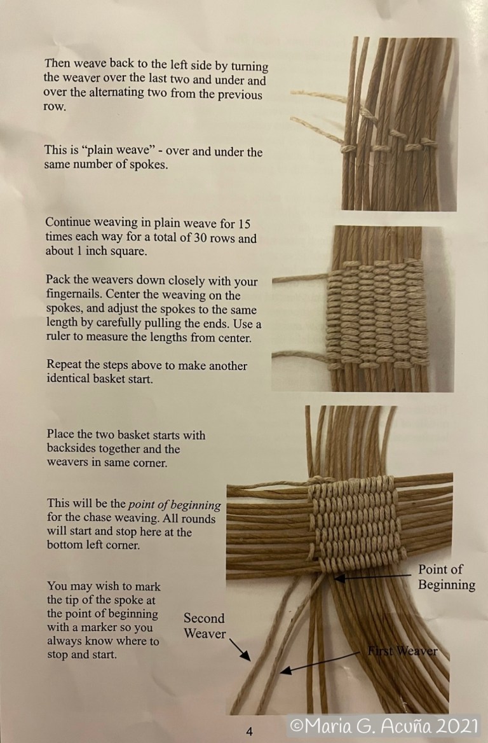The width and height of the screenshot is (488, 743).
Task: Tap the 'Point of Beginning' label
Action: point(446,576)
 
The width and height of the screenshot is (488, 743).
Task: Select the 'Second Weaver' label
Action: point(204,625)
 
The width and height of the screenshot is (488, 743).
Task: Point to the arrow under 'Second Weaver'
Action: point(240,651)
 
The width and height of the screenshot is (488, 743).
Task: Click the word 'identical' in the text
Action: point(68,380)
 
